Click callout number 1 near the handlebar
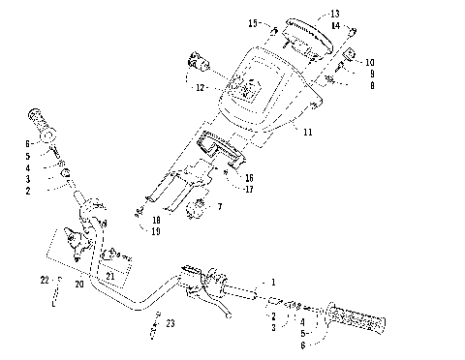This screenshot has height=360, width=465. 273,282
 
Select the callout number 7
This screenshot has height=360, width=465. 220,206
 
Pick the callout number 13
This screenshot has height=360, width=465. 335,14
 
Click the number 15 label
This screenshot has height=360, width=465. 253,22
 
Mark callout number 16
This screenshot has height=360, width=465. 250,178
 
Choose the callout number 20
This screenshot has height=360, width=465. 78,285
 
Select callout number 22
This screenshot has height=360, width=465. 45,280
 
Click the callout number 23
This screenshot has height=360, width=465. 170,323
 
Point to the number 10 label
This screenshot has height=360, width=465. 370,62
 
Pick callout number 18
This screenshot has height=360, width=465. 156,221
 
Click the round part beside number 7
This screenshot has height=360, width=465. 201,206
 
